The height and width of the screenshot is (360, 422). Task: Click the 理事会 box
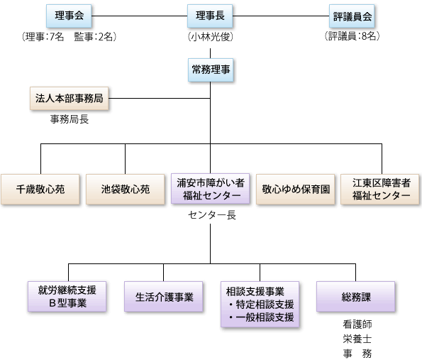click(x=69, y=16)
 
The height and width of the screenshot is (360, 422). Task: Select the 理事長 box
click(x=210, y=16)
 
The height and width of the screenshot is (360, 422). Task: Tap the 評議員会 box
click(x=352, y=16)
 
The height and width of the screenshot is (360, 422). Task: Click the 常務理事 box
click(x=211, y=70)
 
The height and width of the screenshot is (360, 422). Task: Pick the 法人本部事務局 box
click(x=70, y=99)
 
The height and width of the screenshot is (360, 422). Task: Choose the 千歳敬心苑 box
click(x=40, y=189)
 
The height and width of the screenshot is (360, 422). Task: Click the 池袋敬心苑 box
click(x=125, y=189)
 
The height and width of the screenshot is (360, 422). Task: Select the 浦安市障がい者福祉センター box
click(x=211, y=189)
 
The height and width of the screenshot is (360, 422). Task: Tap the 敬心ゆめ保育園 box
click(x=296, y=189)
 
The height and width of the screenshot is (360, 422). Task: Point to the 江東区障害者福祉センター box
click(x=380, y=189)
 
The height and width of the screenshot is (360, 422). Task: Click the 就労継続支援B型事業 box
click(x=67, y=296)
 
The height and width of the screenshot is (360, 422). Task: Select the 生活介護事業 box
click(x=163, y=296)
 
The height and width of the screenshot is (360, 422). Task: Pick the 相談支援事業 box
click(x=260, y=304)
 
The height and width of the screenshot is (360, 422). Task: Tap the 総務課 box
click(x=356, y=296)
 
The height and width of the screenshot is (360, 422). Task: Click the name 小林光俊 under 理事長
click(x=211, y=37)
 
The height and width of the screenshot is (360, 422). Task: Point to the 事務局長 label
click(x=70, y=119)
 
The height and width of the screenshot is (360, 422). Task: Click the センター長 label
click(x=212, y=215)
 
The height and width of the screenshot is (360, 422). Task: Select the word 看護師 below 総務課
click(x=357, y=324)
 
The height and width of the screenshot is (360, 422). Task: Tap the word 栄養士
click(x=357, y=339)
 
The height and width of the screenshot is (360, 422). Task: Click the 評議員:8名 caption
click(x=352, y=36)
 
